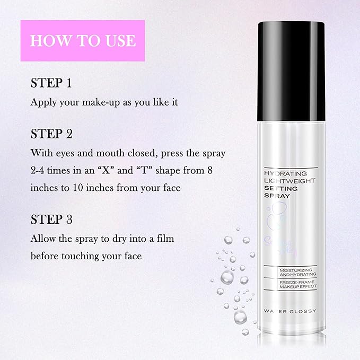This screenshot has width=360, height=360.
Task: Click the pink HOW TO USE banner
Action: (82, 40)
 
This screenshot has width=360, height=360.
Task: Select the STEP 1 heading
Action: (51, 83)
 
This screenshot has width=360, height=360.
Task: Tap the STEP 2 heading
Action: (51, 133)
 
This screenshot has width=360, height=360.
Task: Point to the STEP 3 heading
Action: (51, 219)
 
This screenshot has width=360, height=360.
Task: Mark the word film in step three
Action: (164, 239)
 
